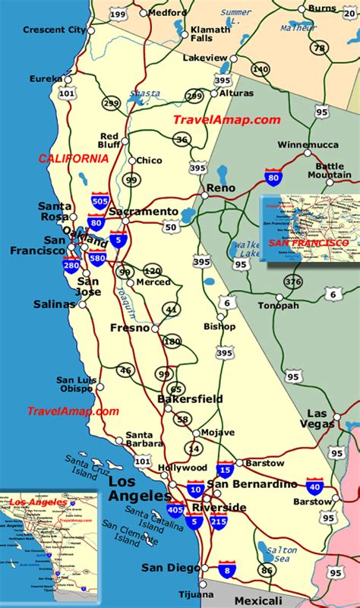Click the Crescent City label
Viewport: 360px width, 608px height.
point(54,30)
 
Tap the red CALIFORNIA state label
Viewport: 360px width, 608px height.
point(72,159)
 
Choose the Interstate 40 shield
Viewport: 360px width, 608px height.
point(314,486)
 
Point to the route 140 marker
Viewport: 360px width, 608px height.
point(261,69)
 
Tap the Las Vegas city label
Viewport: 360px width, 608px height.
point(321,419)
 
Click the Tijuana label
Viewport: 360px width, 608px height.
point(182,594)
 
